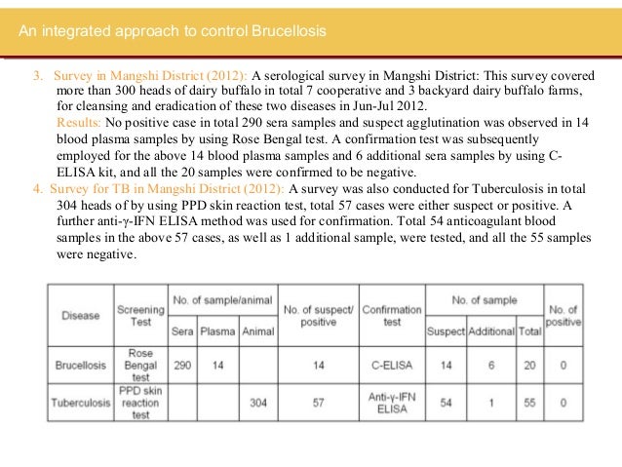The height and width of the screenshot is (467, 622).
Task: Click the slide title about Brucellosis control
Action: (x=173, y=33)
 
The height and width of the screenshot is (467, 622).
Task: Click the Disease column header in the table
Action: (x=81, y=315)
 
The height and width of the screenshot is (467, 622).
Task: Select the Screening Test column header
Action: (x=140, y=315)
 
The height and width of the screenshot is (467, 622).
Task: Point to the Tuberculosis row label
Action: (x=81, y=400)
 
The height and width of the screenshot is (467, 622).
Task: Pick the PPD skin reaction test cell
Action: (x=140, y=400)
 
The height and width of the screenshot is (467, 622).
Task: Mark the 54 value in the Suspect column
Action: (x=446, y=400)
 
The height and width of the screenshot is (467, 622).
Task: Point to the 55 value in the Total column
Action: (x=528, y=400)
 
